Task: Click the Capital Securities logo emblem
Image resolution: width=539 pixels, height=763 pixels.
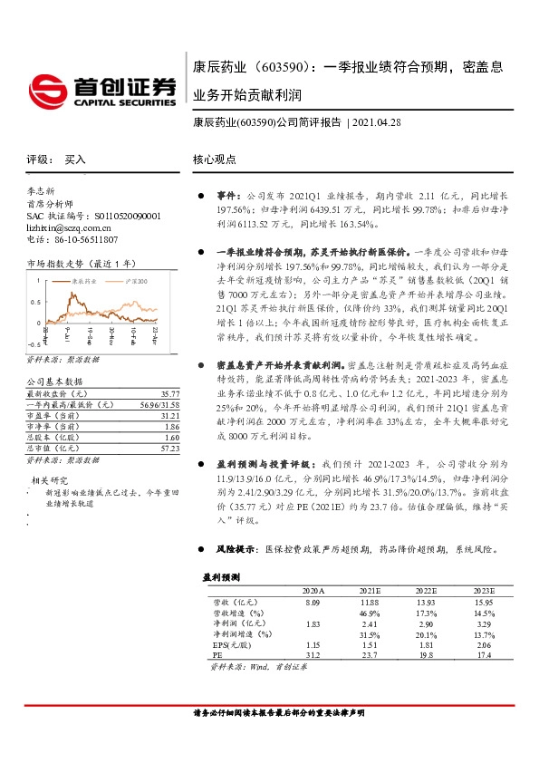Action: (x=47, y=89)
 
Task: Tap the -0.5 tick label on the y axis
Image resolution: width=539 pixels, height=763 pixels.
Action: (x=32, y=345)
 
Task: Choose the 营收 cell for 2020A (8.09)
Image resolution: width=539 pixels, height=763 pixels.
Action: (x=313, y=602)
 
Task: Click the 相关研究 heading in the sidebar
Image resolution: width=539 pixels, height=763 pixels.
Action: (x=50, y=479)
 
